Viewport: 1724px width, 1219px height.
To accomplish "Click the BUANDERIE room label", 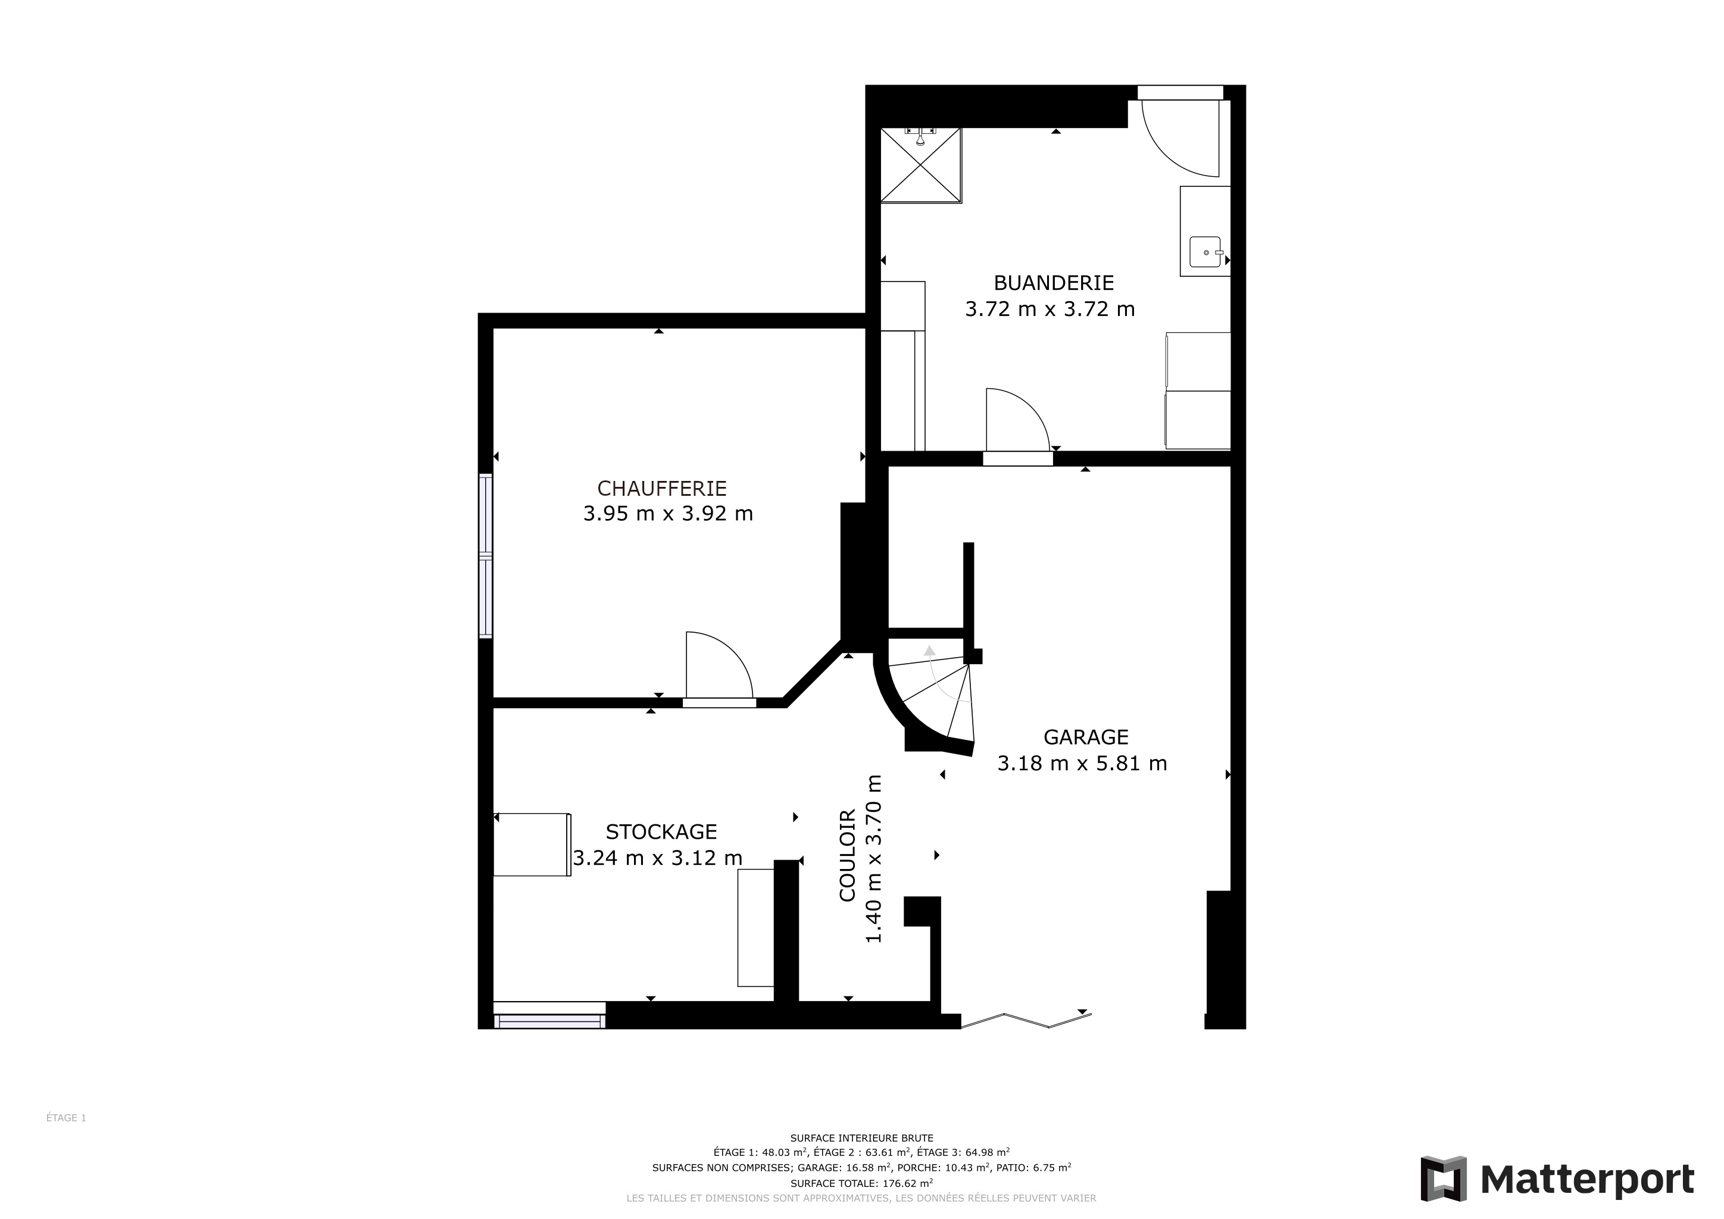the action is tap(1054, 283).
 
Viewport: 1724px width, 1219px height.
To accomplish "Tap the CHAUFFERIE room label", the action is tap(661, 489).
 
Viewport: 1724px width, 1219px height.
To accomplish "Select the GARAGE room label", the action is tap(1086, 737).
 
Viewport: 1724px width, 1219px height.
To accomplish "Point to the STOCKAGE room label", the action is tap(661, 832).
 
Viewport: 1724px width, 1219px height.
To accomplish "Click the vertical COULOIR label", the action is tap(848, 856).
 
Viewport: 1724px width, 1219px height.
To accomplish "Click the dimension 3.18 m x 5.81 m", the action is tap(1082, 764).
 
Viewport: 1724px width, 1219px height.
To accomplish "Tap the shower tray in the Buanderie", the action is tap(920, 165).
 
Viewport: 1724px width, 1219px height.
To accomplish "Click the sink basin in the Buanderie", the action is tap(1205, 252).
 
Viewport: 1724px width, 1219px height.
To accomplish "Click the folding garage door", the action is tap(1026, 1020).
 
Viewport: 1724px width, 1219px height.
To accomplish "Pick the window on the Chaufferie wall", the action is tap(486, 556).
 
